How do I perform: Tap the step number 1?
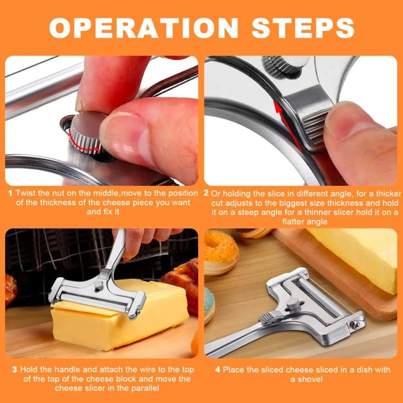point(10,193)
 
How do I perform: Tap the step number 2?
point(207,193)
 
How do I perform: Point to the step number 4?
point(218,370)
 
